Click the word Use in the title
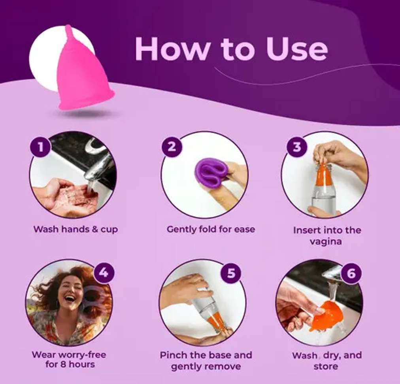tap(296, 49)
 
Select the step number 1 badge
tap(40, 147)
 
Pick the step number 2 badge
tap(172, 147)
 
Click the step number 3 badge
tap(297, 147)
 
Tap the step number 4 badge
tap(104, 273)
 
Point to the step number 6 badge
tap(351, 273)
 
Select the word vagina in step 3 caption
tap(326, 241)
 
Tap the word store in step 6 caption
tap(326, 367)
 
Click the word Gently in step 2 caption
tap(181, 230)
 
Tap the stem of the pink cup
tap(69, 32)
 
